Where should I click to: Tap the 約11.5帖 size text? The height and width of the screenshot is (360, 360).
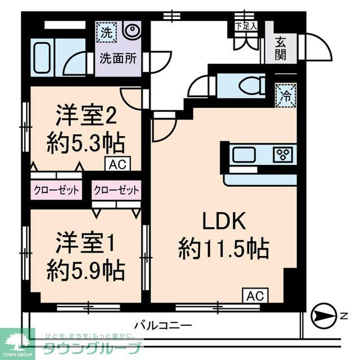(223, 248)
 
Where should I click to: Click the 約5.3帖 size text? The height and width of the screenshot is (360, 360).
(85, 143)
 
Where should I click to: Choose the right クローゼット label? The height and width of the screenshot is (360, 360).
(116, 190)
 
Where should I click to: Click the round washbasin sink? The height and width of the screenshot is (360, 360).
(132, 31)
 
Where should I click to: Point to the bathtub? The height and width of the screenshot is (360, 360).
(43, 57)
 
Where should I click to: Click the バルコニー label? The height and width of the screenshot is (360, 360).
(164, 325)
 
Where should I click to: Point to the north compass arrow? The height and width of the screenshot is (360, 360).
(322, 315)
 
